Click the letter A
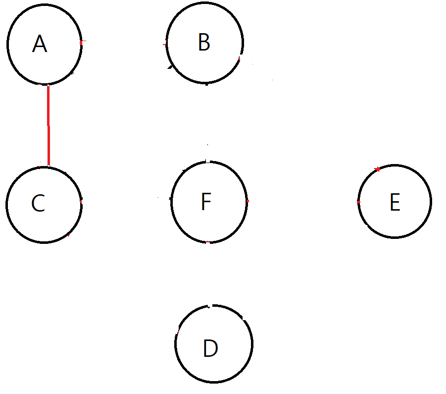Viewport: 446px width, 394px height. point(39,45)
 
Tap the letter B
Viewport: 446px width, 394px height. point(203,43)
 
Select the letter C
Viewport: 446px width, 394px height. point(38,203)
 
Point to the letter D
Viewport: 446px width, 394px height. point(210,349)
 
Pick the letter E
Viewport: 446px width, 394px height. point(395,203)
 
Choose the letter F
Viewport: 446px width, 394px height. point(206,202)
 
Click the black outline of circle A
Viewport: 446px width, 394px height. point(8,45)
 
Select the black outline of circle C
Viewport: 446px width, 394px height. point(7,204)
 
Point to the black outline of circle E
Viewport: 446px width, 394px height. point(431,201)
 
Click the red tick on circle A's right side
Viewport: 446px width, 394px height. point(82,41)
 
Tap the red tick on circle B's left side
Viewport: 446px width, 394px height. point(165,45)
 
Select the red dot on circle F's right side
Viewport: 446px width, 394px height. point(247,201)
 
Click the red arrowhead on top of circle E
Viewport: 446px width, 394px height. point(378,169)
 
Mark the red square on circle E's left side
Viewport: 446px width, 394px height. point(358,202)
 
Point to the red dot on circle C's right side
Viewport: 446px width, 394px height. point(81,201)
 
